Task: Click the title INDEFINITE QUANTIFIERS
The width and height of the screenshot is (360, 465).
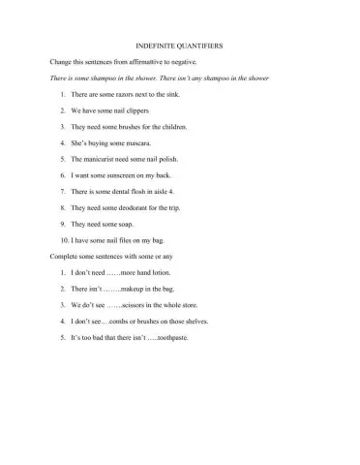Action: (180, 45)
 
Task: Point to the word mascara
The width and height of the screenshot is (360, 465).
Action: (136, 142)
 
